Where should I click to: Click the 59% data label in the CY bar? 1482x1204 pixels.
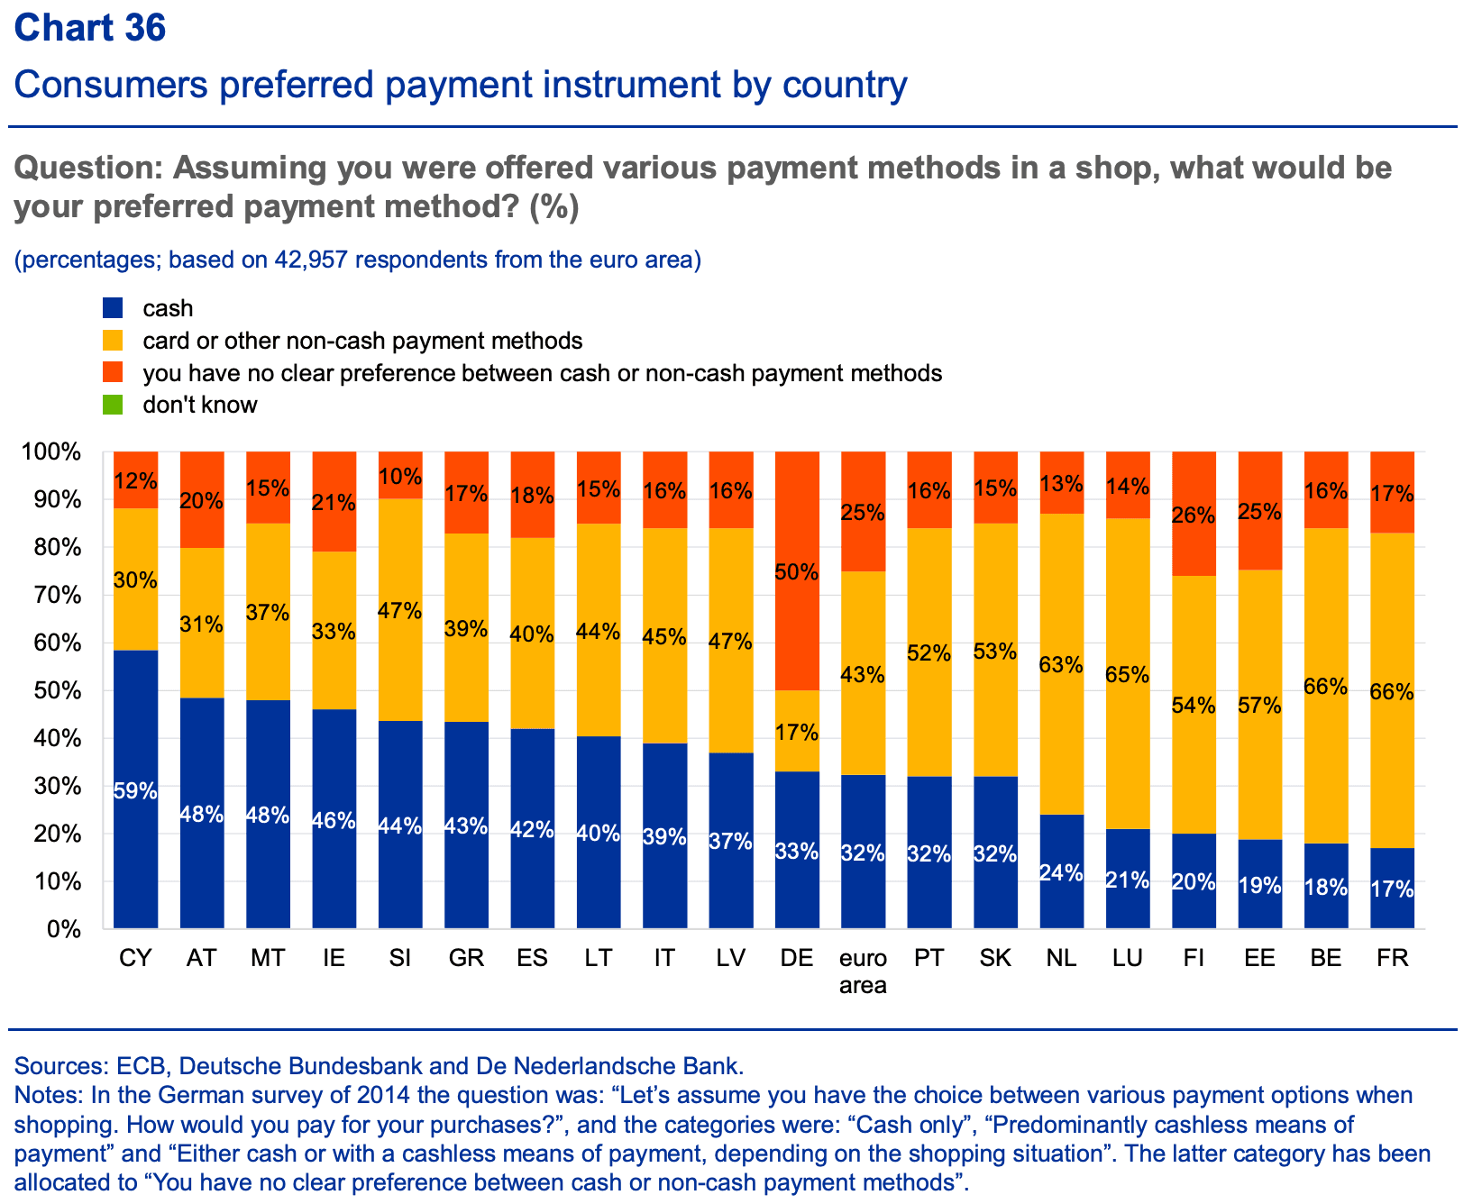135,792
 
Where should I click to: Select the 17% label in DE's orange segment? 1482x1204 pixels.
797,732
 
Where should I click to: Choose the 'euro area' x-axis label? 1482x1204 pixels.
863,971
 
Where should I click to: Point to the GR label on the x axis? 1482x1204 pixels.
466,958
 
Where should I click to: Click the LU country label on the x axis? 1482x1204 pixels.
1128,958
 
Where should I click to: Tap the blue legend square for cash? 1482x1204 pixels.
113,308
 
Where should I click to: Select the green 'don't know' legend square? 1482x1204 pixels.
113,405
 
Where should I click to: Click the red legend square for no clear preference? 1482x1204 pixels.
113,372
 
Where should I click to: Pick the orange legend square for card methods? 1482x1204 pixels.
113,341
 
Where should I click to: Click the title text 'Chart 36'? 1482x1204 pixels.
90,28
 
